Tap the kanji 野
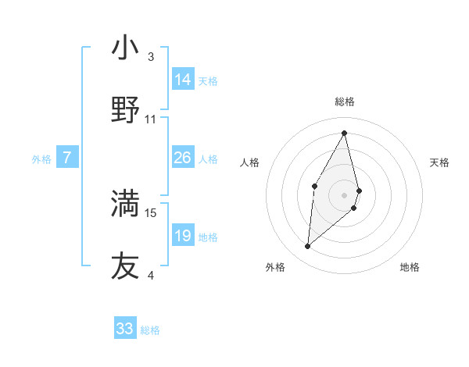125,110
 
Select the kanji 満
125,203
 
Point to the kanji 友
125,265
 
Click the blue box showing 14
183,80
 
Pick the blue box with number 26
183,158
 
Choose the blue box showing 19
183,236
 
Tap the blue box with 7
67,158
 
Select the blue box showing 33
125,329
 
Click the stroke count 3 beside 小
151,56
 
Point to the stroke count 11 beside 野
151,119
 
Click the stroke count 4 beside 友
151,275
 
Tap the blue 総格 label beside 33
150,330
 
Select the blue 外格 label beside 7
41,159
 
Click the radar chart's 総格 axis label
344,102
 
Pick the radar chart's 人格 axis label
250,162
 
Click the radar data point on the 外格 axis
308,247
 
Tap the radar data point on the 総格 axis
344,132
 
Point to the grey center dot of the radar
344,194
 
